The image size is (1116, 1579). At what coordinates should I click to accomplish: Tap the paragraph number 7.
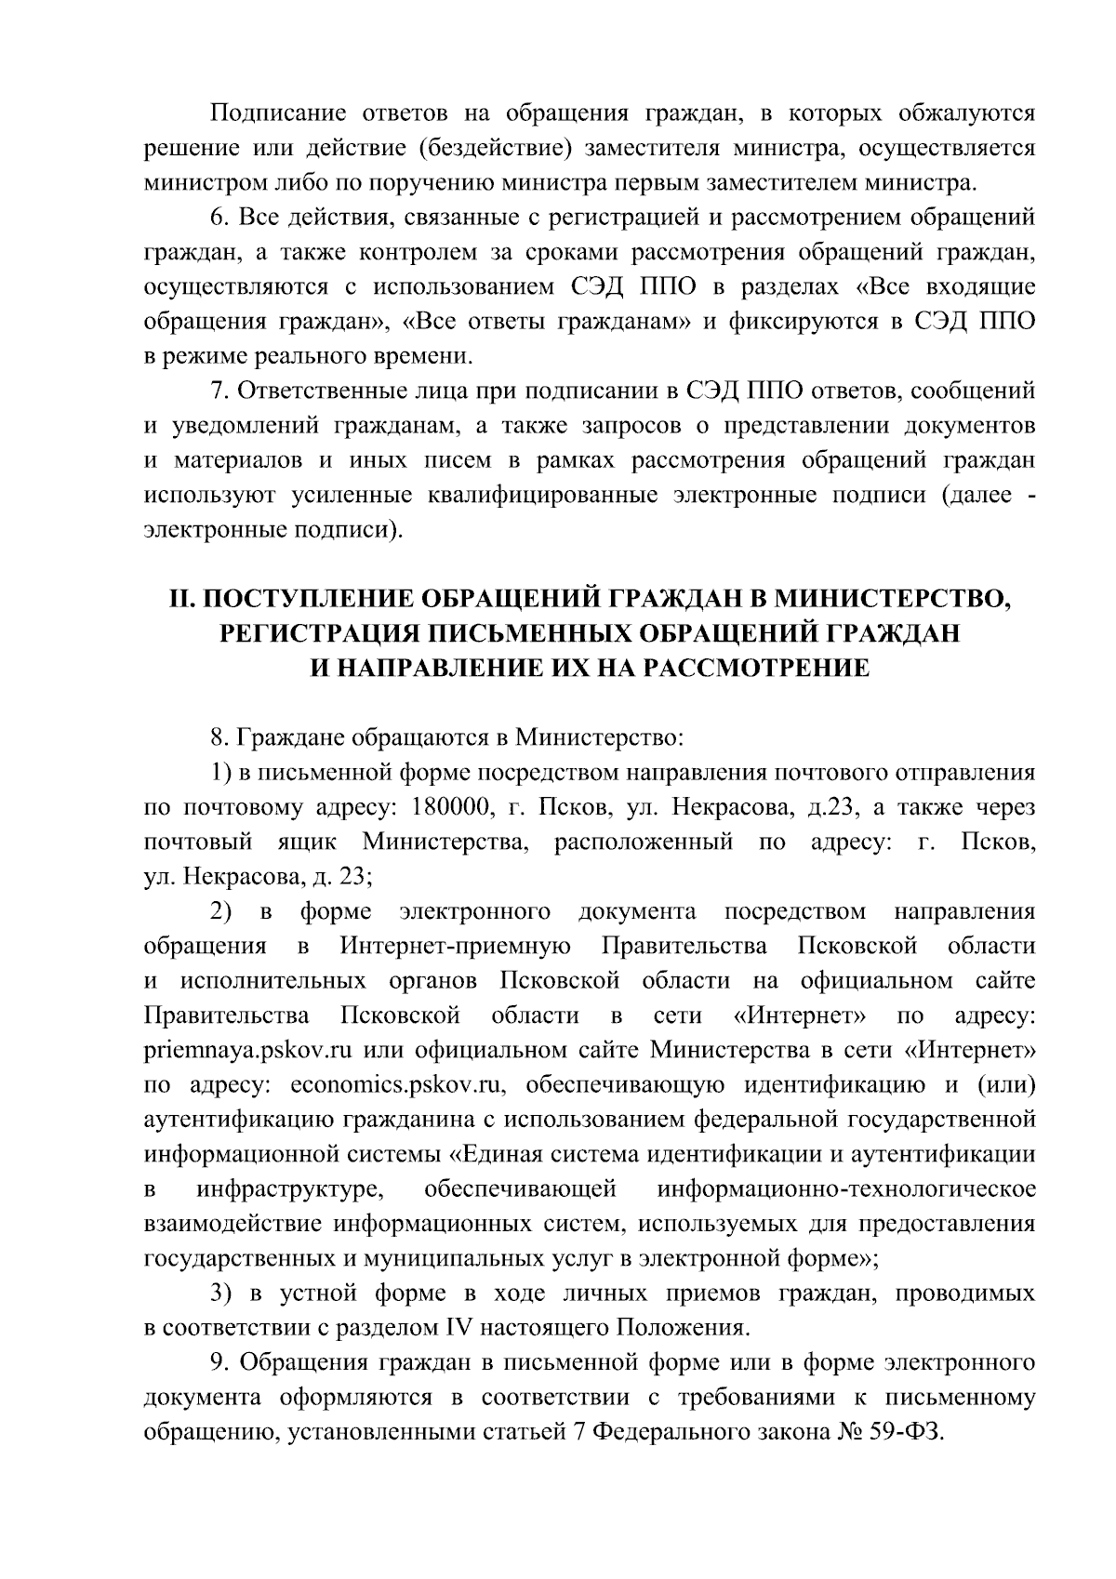coord(218,391)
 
